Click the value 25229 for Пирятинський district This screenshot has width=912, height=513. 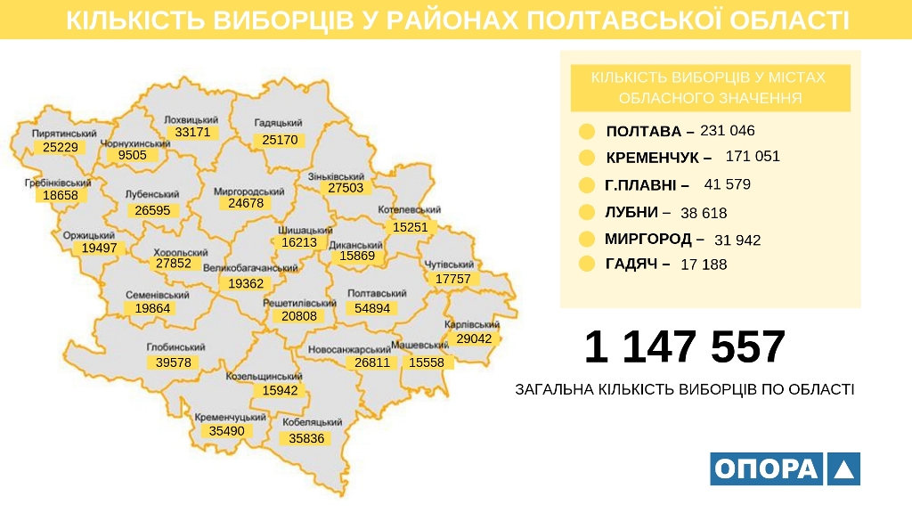coord(61,147)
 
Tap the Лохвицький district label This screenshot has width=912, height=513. coord(191,119)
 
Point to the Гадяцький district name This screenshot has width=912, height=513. coord(279,123)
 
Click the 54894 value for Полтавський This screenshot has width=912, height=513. coord(372,308)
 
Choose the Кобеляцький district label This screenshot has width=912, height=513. coord(312,422)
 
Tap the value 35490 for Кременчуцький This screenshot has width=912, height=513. coord(226,431)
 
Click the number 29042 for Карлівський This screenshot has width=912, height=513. coord(475,339)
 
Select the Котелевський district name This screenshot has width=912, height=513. coord(411,210)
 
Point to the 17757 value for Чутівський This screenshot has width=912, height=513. coord(453,279)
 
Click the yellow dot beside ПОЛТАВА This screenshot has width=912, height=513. coord(587,132)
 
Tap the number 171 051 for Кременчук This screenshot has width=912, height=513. coord(753,157)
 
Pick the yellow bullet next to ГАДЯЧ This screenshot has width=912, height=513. coord(587,264)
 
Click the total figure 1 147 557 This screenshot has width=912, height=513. coord(685,347)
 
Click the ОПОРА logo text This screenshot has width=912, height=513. coord(766,468)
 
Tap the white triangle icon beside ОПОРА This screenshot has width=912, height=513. coord(843,468)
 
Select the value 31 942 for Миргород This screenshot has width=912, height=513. coord(737,240)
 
